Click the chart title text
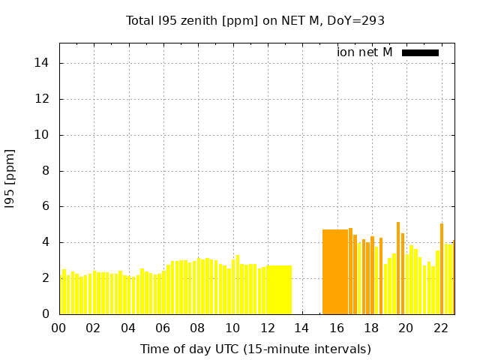pos(255,20)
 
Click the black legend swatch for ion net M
pos(420,52)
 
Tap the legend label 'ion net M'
pos(364,52)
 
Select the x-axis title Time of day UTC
pos(255,349)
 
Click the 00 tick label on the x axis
pos(58,328)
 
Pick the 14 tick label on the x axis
pos(301,328)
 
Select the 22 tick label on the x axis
pos(441,328)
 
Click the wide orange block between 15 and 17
pos(334,272)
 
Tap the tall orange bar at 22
pos(442,268)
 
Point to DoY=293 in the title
pos(355,20)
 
